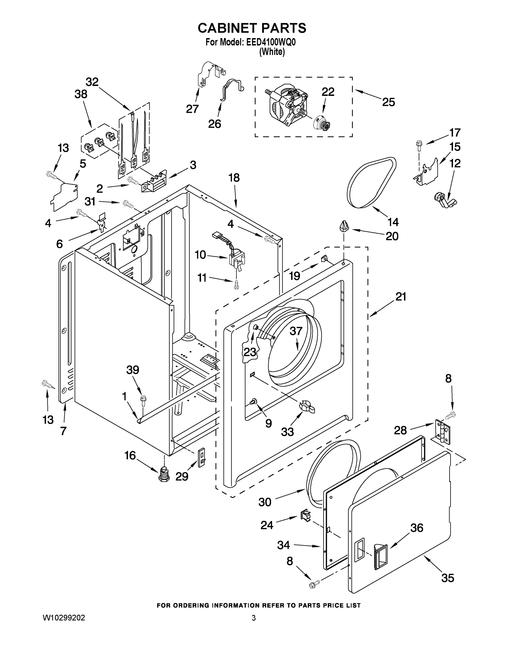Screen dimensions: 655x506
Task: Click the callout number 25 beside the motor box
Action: (x=388, y=102)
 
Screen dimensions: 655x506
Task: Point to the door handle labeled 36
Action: (x=380, y=557)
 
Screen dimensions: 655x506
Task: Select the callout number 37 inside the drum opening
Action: (x=296, y=331)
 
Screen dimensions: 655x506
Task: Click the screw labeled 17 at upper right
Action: (x=418, y=145)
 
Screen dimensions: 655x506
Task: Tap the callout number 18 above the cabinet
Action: (x=234, y=178)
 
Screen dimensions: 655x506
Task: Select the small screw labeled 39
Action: (x=143, y=400)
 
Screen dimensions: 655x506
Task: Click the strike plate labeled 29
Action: (x=202, y=457)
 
